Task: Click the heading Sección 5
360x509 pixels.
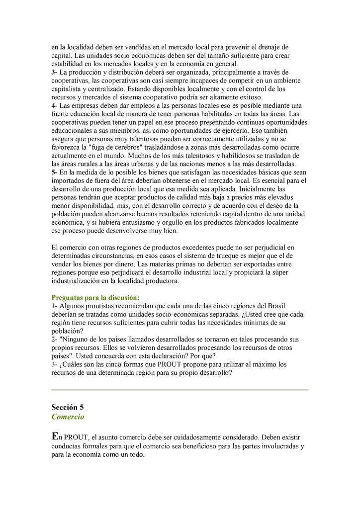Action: (68, 407)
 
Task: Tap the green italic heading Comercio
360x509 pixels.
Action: (68, 417)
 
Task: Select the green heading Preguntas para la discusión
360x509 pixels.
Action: (95, 297)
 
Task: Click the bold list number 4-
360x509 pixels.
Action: (55, 106)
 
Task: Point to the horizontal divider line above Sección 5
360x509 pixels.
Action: (180, 390)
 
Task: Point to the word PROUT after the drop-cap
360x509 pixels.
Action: (77, 438)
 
